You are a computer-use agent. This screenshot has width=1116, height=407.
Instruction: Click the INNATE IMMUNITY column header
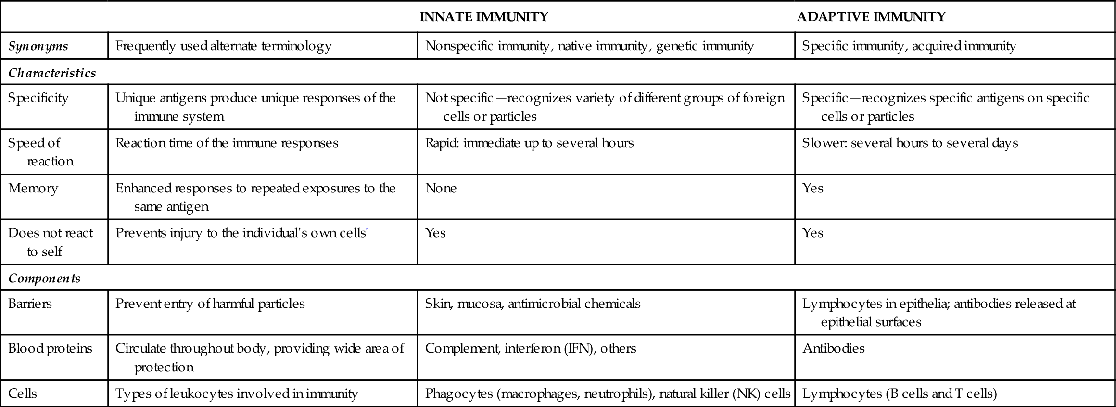coord(483,17)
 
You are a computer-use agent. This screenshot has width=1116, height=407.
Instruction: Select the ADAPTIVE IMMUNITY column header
coord(871,17)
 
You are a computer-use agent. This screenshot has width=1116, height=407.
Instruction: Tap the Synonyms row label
coord(38,46)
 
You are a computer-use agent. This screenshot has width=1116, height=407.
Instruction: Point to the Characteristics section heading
coord(52,73)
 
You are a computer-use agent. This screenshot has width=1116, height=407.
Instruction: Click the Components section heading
coord(44,278)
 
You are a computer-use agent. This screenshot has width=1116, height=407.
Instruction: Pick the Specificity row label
coord(38,98)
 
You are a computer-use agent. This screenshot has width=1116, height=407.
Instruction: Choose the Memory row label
coord(33,188)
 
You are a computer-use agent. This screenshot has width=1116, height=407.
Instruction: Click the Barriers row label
coord(30,304)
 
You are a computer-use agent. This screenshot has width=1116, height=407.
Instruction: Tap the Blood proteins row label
coord(50,348)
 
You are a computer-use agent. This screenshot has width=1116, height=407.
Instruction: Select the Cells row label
coord(23,394)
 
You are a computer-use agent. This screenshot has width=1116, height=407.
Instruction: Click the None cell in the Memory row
coord(441,188)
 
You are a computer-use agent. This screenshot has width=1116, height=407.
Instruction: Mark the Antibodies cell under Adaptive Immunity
coord(833,348)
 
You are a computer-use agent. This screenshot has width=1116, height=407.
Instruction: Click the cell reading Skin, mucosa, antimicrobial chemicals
coord(533,304)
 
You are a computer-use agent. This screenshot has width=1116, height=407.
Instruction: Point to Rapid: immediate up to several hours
coord(529,143)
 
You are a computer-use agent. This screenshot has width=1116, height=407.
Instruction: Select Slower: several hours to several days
coord(910,143)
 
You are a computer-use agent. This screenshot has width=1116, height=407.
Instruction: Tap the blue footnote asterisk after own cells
coord(368,231)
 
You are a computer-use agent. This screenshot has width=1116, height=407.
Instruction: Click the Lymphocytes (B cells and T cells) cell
coord(900,394)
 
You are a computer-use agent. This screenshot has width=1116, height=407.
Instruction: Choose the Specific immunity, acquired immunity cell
coord(909,46)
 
